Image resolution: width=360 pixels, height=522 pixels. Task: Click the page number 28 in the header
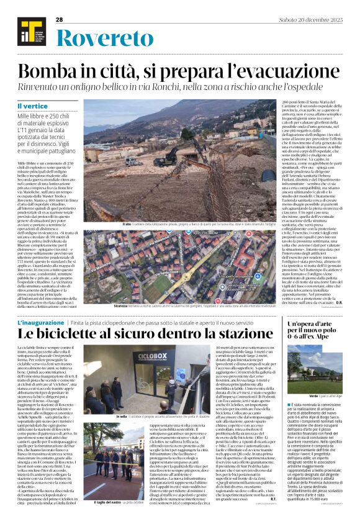click(x=60, y=20)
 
